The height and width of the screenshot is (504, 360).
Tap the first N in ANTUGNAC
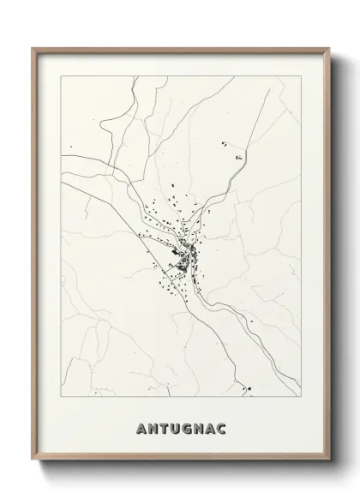coord(154,428)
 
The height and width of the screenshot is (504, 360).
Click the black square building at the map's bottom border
coord(249,390)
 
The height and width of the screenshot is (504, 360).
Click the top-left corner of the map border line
coord(59,75)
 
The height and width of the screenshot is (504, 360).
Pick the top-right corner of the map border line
coord(302,75)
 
